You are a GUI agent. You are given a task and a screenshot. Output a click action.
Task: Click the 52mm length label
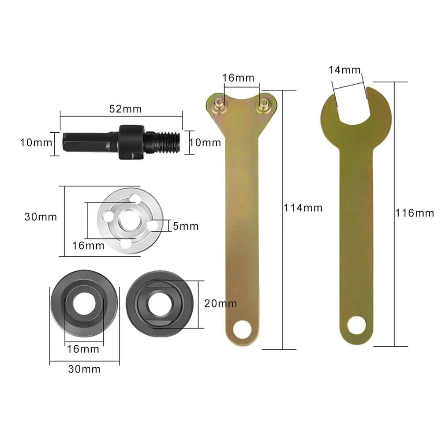(x=122, y=109)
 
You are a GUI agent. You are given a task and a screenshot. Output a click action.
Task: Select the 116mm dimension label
(x=415, y=213)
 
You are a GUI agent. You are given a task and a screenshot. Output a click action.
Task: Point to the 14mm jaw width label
(x=344, y=70)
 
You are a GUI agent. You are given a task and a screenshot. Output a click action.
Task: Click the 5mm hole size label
(x=185, y=226)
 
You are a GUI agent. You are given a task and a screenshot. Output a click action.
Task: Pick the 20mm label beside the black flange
(x=220, y=303)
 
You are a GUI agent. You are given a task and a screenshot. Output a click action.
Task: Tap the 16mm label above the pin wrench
(x=238, y=78)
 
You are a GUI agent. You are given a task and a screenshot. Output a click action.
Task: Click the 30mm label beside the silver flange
(x=41, y=217)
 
